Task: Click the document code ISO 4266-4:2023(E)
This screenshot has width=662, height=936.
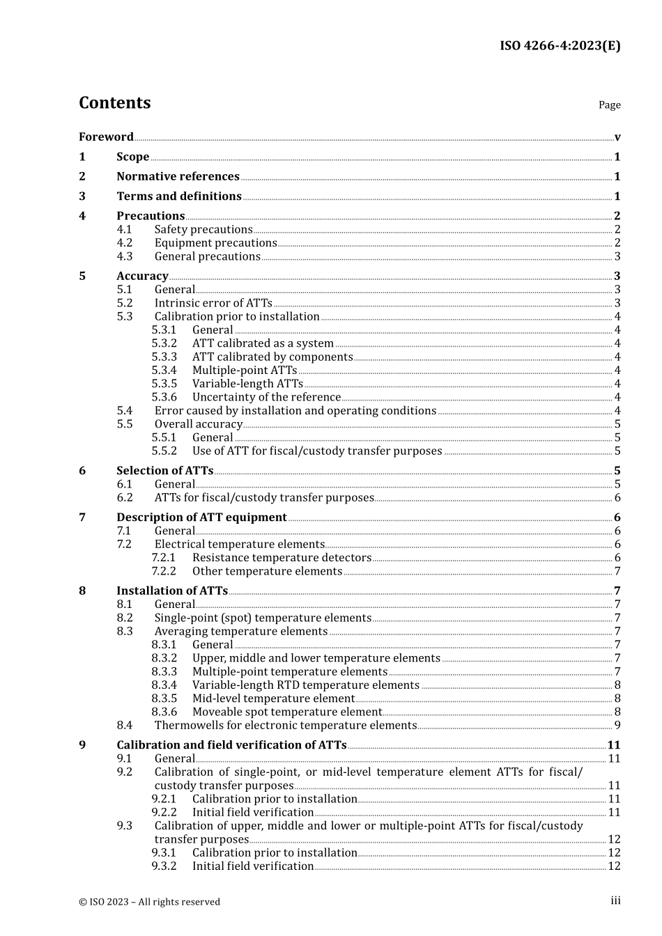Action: [560, 46]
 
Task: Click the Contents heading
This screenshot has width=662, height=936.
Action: [114, 103]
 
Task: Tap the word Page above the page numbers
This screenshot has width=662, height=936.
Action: [609, 105]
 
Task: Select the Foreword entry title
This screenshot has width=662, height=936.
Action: [106, 137]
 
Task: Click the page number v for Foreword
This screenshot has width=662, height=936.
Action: [617, 137]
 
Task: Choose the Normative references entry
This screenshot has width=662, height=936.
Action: [178, 177]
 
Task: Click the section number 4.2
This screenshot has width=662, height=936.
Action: [124, 243]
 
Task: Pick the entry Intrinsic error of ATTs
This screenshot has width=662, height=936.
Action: [213, 304]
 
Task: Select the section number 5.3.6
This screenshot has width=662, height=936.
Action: [164, 398]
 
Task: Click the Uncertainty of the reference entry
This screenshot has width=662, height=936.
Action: [266, 398]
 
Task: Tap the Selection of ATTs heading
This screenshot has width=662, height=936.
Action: [164, 471]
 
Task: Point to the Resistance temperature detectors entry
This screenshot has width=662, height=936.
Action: [282, 558]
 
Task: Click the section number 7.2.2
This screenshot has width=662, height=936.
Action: [164, 572]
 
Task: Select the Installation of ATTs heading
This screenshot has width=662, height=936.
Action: [171, 591]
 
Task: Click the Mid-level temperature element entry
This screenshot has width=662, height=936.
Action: [273, 699]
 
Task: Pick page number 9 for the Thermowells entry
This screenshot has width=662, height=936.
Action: [617, 726]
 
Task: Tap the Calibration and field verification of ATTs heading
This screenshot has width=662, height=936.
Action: [231, 745]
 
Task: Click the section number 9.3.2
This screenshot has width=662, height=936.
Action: [164, 866]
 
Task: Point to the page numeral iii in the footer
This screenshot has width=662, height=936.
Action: [615, 901]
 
